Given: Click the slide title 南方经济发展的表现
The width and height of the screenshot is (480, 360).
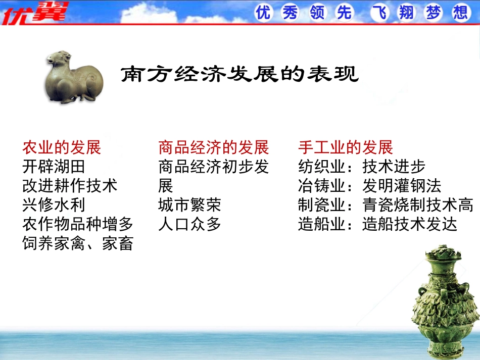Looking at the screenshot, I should pos(240,75).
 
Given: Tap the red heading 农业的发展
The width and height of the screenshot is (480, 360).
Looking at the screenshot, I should pos(62,147).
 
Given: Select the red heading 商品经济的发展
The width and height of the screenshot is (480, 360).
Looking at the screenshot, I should pos(213,147).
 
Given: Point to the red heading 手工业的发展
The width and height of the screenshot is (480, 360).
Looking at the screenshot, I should pos(346,147).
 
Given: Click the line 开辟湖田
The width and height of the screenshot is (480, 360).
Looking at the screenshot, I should pos(54,167).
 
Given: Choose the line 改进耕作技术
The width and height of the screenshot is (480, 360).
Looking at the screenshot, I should pos(70,186).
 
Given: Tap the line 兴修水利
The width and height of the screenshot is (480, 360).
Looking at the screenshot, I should pos(54,205).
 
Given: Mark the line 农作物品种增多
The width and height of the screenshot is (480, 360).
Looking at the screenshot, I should pos(78,224).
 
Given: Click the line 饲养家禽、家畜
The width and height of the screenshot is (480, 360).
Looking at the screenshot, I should pos(78,243).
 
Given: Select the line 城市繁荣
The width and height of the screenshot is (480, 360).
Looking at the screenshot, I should pos(189,205).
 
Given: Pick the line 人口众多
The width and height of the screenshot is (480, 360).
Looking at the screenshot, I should pos(189,224).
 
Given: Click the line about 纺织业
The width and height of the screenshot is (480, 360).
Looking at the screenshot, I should pos(362,167).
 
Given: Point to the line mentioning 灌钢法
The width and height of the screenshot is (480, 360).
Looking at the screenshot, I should pos(370,186).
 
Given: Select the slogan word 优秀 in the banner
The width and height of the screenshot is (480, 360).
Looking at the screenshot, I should pos(277,12).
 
